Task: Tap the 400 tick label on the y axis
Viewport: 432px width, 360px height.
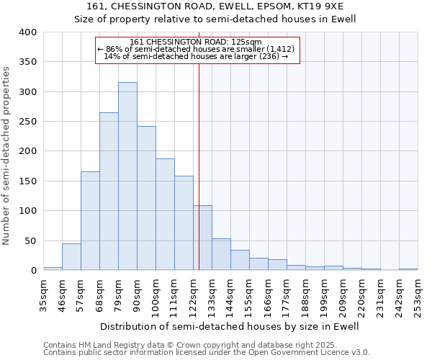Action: pos(27,32)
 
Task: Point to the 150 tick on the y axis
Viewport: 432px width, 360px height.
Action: pos(27,181)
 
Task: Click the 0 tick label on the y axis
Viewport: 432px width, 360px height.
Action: pos(33,270)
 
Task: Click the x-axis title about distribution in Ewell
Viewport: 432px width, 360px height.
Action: pos(229,326)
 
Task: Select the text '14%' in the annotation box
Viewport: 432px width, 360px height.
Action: pos(112,55)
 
